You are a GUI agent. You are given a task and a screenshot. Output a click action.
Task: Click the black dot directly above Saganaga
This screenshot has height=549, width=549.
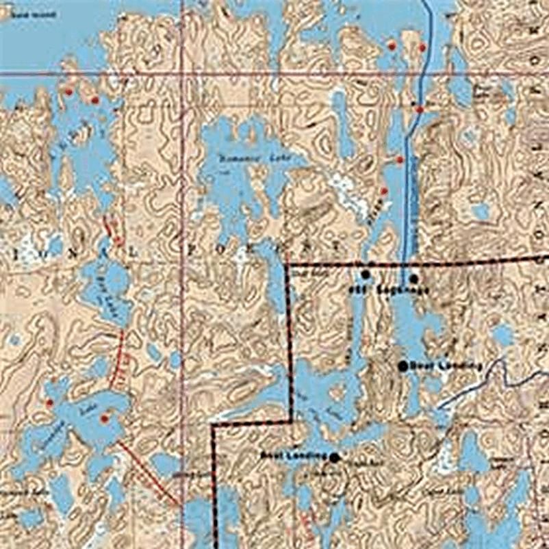coord(413,278)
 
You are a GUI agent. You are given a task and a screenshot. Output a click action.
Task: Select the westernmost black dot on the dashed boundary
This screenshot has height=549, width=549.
coord(366,274)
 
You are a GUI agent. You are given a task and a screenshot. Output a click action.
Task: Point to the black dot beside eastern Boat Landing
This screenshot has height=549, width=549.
coord(403,366)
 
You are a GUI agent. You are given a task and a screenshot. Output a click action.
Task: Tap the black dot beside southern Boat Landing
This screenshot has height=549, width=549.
coord(334,457)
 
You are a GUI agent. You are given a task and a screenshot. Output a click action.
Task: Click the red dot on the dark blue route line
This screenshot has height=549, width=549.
coord(419,109)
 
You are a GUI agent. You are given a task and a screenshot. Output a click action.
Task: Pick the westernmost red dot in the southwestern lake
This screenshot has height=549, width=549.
coord(49,403)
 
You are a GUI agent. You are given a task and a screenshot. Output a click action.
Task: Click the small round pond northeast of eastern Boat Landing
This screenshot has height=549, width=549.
coord(503,335)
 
